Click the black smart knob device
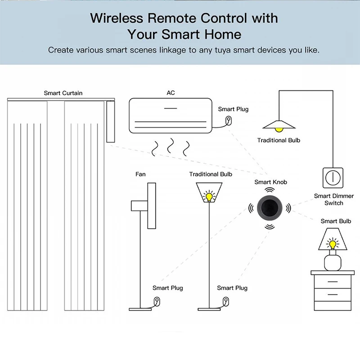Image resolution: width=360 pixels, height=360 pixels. coord(269,208)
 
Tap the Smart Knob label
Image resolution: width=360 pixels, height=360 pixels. coord(271,182)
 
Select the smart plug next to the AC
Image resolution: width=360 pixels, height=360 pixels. coord(229,120)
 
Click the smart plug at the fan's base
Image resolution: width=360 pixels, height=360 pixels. coord(157,301)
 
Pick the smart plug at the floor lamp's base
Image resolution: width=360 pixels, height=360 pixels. coord(226,301)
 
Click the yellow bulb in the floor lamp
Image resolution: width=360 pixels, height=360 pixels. coord(209,197)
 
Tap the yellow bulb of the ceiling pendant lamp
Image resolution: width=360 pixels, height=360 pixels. coord(279,130)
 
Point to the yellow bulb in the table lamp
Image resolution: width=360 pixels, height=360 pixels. coord(333,244)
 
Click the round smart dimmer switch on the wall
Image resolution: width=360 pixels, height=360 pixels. coord(333,178)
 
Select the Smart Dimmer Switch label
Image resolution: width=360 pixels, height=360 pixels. coord(334,199)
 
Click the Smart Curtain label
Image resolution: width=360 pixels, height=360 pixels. coord(63,93)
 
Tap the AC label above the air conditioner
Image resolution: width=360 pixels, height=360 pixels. coord(171,93)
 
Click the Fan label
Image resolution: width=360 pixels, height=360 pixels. coord(140,174)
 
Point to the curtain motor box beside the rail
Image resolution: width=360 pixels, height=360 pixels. coord(110,121)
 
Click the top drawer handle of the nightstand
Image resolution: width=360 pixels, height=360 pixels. coord(333,282)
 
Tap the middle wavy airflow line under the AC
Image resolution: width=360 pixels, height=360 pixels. coord(171,146)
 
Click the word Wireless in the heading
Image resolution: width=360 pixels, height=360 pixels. coord(117,18)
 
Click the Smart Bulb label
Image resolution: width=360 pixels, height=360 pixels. coord(336,221)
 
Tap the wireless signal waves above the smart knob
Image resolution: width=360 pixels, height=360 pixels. coord(270,189)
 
